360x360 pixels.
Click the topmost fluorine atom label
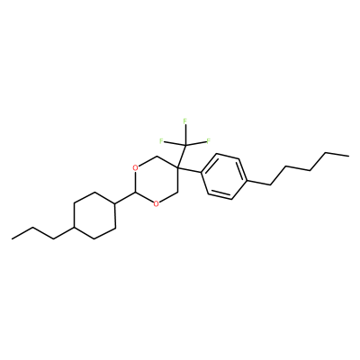coord(185,121)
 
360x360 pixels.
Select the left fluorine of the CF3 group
coord(161,141)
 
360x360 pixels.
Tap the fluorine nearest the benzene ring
coord(209,141)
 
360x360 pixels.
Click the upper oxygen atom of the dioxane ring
coord(136,167)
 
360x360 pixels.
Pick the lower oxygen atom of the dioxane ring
coord(157,204)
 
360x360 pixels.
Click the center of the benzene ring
coord(224,176)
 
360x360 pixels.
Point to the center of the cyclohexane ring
coord(94,215)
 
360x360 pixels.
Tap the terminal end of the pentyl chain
coord(348,156)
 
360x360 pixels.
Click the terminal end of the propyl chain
coord(12,239)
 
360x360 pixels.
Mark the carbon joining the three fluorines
coord(185,145)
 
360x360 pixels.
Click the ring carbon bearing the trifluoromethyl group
coord(177,167)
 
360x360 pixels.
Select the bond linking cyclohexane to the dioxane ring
coord(126,198)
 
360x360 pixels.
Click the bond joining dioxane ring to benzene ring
coord(189,170)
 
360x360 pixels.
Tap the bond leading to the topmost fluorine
coord(185,135)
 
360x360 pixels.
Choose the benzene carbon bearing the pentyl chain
coord(247,181)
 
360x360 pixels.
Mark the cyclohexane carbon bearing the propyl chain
coord(74,228)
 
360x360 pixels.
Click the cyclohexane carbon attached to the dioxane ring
coord(116,204)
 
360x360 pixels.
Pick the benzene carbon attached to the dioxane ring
coord(202,173)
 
